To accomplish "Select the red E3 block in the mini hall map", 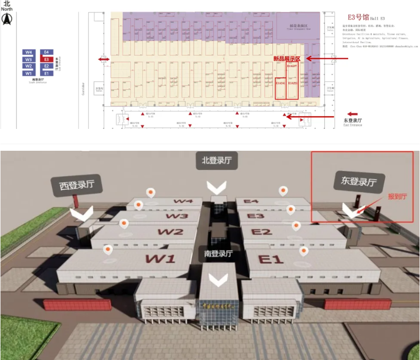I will (x=46, y=59).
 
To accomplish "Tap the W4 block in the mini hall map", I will (x=29, y=52).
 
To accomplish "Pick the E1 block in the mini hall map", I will (x=46, y=73).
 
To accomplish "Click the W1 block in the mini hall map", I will (x=29, y=73).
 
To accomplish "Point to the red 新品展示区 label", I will (x=287, y=59).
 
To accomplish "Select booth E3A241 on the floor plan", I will (x=280, y=84).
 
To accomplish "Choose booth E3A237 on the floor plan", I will (x=292, y=66).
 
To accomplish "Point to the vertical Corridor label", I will (x=84, y=88).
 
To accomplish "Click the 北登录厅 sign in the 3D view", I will (x=217, y=161).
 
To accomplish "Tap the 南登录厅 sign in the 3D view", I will (x=218, y=254).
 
